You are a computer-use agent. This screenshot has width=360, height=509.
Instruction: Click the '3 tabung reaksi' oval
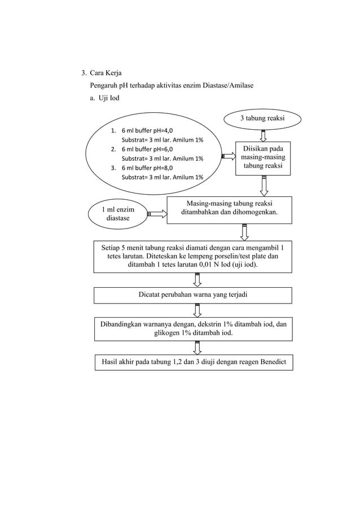262,119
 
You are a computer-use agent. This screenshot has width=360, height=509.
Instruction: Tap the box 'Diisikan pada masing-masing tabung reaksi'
264,158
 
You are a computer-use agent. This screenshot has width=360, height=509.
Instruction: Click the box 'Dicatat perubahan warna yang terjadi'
193,295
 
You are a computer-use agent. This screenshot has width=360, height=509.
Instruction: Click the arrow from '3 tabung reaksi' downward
264,135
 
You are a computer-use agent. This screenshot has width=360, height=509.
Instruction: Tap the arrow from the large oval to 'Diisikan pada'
228,159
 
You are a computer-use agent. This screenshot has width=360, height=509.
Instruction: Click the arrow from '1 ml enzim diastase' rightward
157,213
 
